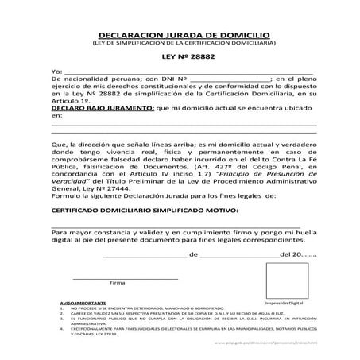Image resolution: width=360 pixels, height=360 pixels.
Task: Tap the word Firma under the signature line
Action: click(117, 283)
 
